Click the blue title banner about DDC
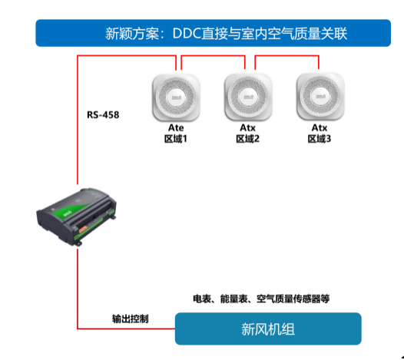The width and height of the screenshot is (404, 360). (213, 33)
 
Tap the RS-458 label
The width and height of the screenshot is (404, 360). (103, 115)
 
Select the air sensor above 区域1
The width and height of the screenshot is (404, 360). (176, 97)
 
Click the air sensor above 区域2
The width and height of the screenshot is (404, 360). (248, 97)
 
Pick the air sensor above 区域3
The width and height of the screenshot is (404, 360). (320, 97)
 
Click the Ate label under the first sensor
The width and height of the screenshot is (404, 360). (176, 127)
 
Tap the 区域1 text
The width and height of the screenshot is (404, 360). (176, 139)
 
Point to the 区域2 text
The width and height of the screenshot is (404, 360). (247, 139)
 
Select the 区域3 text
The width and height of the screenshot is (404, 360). (320, 139)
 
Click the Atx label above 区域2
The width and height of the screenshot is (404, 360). (247, 127)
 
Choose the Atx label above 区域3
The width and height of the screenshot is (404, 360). (320, 127)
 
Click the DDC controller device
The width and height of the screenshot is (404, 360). (77, 216)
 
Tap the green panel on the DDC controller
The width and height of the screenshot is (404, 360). (72, 210)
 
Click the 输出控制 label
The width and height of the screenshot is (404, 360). (131, 319)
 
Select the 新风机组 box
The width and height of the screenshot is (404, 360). (268, 329)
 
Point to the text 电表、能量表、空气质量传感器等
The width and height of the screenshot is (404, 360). (261, 299)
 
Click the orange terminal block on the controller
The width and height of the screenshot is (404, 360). (84, 230)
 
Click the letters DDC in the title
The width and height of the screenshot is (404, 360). (187, 33)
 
